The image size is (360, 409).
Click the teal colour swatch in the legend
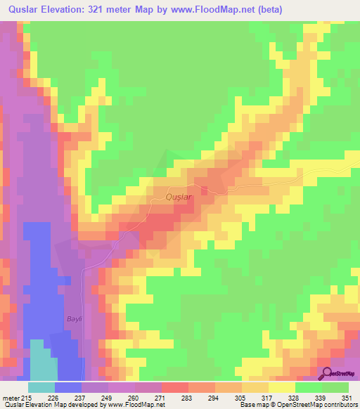[x=41, y=387]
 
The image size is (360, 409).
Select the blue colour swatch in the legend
[x=68, y=387]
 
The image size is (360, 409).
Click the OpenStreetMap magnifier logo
[x=325, y=374]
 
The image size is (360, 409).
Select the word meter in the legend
[x=10, y=398]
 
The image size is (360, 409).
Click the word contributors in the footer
[x=336, y=405]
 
